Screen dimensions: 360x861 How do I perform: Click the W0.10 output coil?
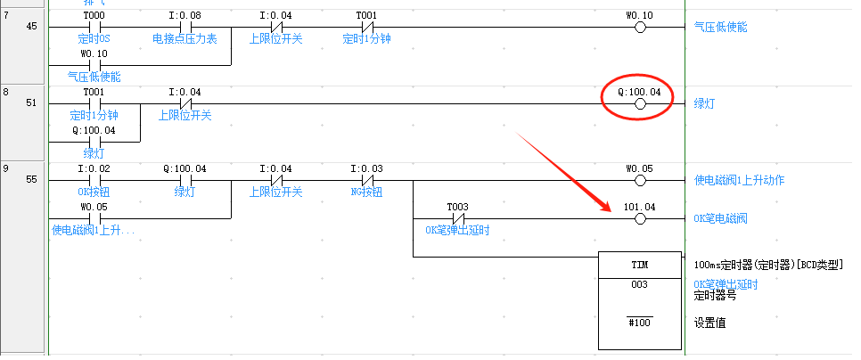click(639, 28)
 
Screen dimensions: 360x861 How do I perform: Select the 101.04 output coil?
click(639, 218)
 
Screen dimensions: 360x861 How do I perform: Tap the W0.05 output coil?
click(639, 180)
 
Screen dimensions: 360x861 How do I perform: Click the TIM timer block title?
click(639, 266)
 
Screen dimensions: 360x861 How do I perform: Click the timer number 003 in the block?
click(639, 285)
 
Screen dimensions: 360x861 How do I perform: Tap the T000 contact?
click(93, 28)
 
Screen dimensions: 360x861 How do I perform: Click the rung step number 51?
click(31, 103)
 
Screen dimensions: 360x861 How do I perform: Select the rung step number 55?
click(31, 180)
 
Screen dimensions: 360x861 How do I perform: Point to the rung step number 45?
click(31, 27)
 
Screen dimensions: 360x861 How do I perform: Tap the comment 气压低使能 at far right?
click(721, 28)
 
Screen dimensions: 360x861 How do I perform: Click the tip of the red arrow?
click(611, 211)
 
